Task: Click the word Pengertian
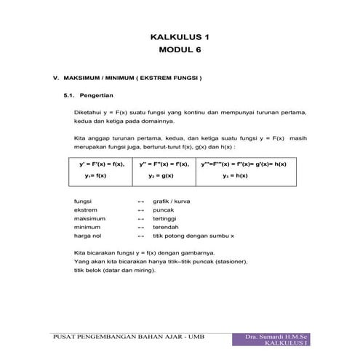click(105, 95)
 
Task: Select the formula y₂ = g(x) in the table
click(160, 175)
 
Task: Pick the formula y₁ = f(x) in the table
click(95, 175)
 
